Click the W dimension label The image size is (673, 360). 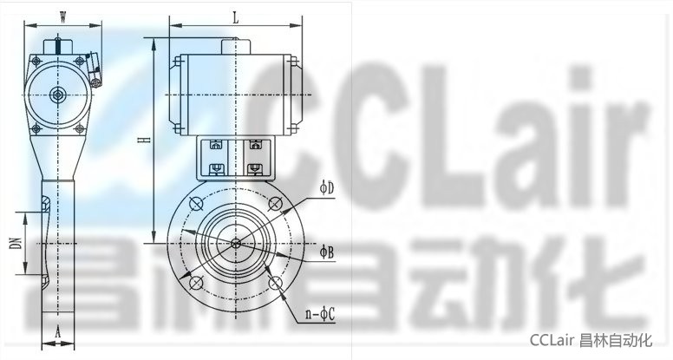[x=63, y=17]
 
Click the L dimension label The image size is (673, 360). [x=235, y=18]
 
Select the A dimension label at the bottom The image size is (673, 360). [x=58, y=331]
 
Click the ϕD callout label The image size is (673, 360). [x=327, y=188]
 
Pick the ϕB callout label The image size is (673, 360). [x=327, y=252]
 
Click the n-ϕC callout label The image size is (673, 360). [x=320, y=315]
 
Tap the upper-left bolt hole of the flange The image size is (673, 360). [x=196, y=204]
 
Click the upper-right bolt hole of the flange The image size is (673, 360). [x=275, y=204]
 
